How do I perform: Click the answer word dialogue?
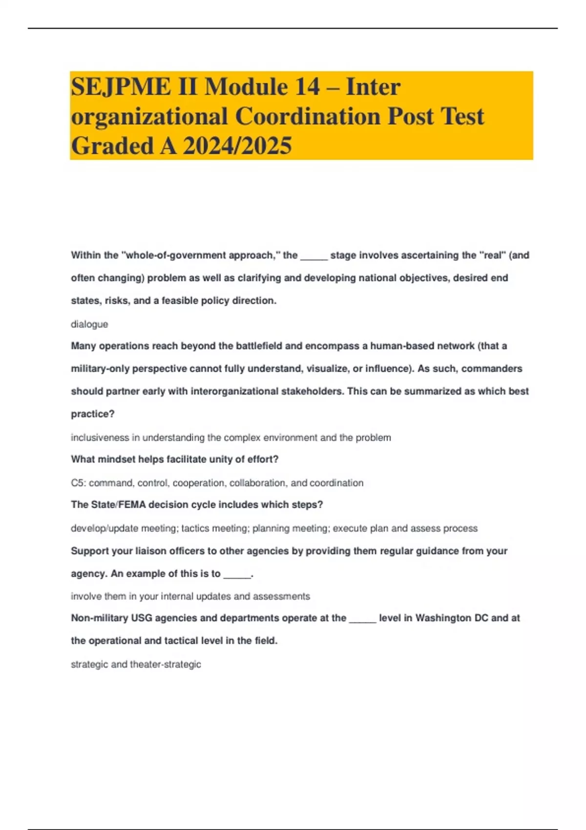pyautogui.click(x=89, y=324)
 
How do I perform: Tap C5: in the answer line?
pyautogui.click(x=78, y=483)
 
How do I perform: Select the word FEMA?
pyautogui.click(x=132, y=505)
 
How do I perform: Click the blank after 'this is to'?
pyautogui.click(x=237, y=574)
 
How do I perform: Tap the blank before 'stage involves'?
pyautogui.click(x=314, y=256)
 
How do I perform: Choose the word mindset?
pyautogui.click(x=116, y=459)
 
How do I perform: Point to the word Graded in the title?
pyautogui.click(x=112, y=145)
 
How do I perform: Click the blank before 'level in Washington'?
pyautogui.click(x=362, y=619)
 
